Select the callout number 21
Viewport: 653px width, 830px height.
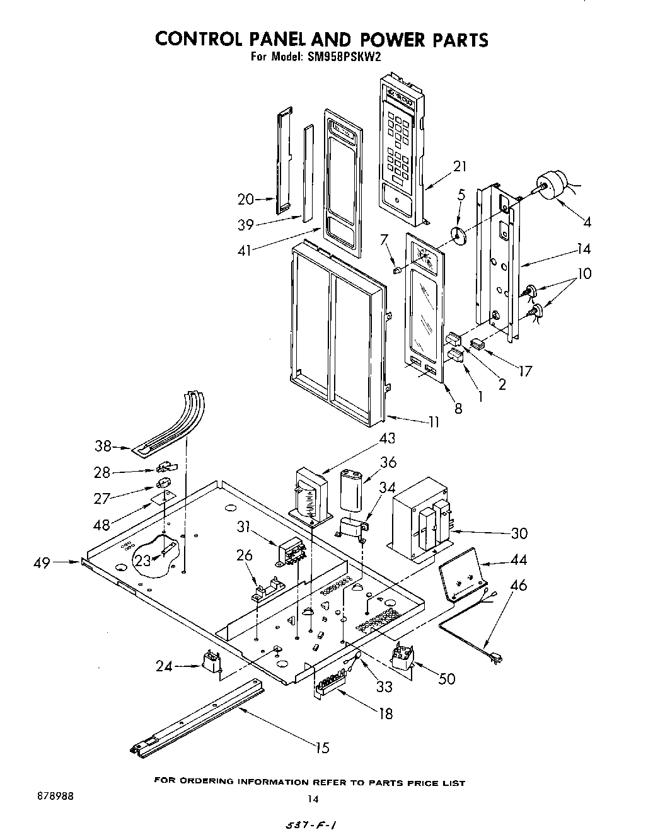point(460,166)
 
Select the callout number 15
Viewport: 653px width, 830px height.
point(321,748)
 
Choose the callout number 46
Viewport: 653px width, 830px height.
point(518,586)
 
